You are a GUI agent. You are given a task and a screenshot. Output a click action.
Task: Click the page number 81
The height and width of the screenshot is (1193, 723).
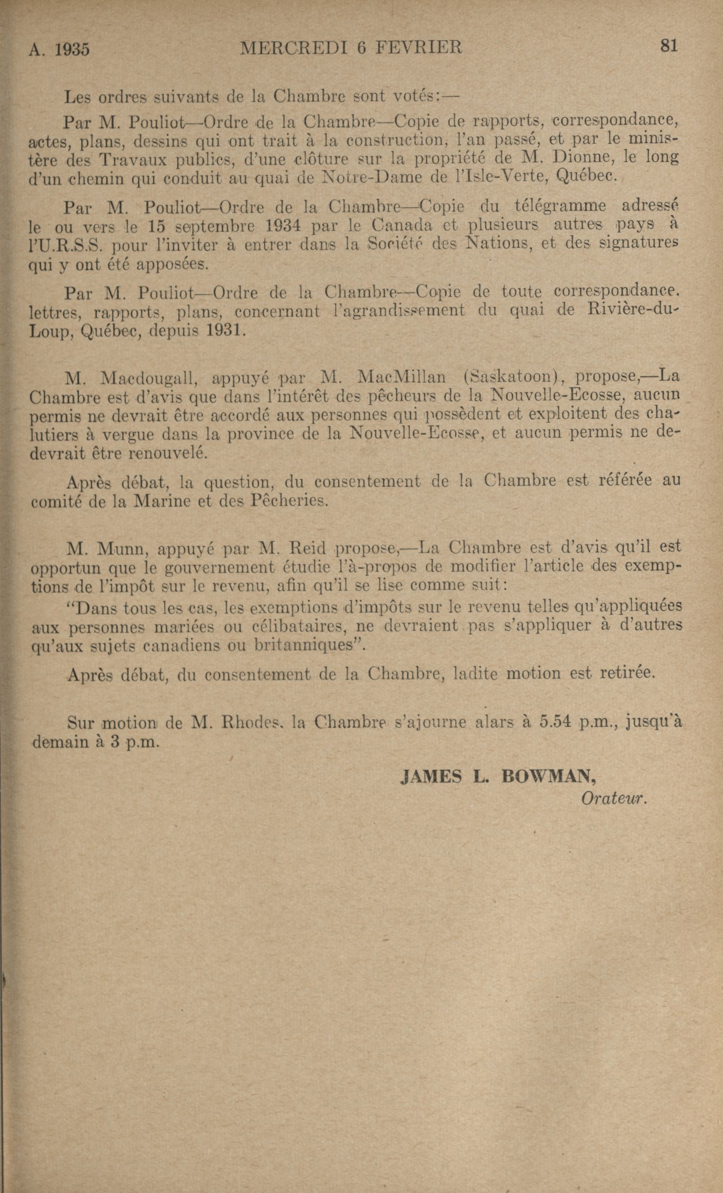pyautogui.click(x=668, y=46)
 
